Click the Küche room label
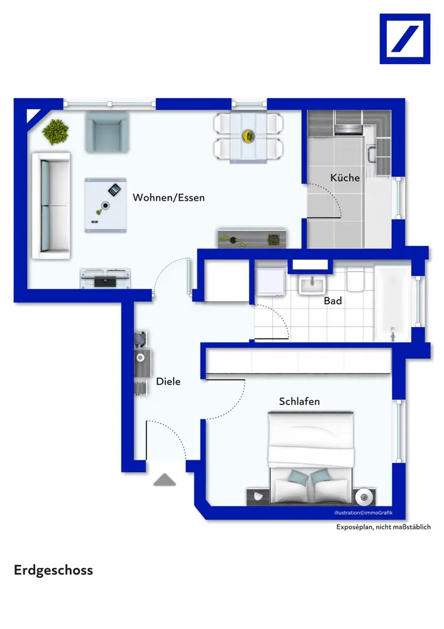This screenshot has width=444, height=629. pyautogui.click(x=345, y=178)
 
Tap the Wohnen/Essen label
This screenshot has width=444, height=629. pyautogui.click(x=169, y=198)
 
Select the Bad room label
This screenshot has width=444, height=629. pyautogui.click(x=333, y=301)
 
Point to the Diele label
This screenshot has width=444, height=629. pyautogui.click(x=168, y=382)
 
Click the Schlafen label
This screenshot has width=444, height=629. pyautogui.click(x=299, y=401)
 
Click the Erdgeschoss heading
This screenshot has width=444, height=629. pyautogui.click(x=53, y=571)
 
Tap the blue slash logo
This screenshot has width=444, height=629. pyautogui.click(x=404, y=39)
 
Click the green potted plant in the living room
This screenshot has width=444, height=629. pyautogui.click(x=56, y=131)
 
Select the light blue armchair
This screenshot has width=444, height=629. pyautogui.click(x=107, y=132)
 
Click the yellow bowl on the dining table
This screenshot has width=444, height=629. pyautogui.click(x=248, y=136)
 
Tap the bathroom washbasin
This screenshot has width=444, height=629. pyautogui.click(x=312, y=284)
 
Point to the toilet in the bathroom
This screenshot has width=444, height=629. pyautogui.click(x=355, y=279)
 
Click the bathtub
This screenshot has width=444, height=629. pyautogui.click(x=392, y=303)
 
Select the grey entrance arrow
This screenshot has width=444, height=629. pyautogui.click(x=165, y=480)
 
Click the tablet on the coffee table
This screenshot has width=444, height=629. pyautogui.click(x=114, y=190)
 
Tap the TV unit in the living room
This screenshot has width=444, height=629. pyautogui.click(x=106, y=278)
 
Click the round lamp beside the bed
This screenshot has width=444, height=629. pyautogui.click(x=364, y=498)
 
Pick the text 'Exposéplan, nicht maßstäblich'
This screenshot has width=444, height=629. pyautogui.click(x=384, y=527)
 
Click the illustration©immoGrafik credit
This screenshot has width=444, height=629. pyautogui.click(x=364, y=513)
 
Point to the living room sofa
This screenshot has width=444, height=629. pyautogui.click(x=52, y=206)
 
